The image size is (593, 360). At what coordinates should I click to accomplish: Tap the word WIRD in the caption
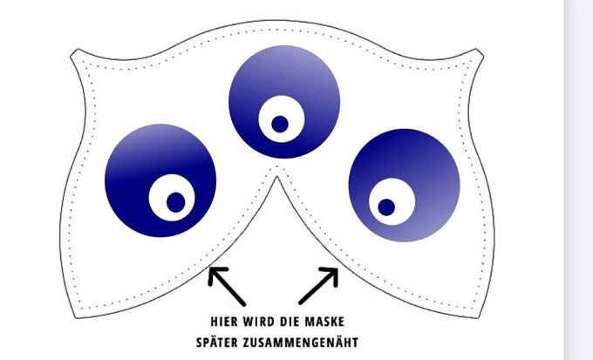click(x=262, y=319)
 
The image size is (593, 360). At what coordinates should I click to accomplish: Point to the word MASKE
click(x=329, y=319)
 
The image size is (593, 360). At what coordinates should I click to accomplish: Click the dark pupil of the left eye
click(x=175, y=201)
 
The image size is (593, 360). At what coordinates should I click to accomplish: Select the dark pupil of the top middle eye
click(x=280, y=123)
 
